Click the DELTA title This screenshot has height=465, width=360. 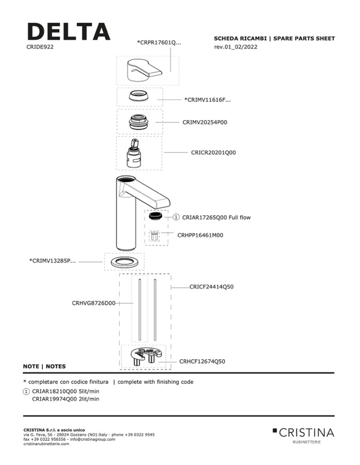pyautogui.click(x=68, y=32)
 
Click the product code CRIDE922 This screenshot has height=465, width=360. pyautogui.click(x=40, y=47)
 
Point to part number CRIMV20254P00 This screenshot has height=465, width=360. pyautogui.click(x=205, y=123)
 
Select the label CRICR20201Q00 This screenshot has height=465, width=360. pyautogui.click(x=213, y=153)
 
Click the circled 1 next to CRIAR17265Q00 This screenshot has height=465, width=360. pyautogui.click(x=176, y=217)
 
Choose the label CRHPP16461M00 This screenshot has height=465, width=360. pyautogui.click(x=200, y=235)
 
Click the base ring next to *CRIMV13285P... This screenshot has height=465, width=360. pyautogui.click(x=124, y=262)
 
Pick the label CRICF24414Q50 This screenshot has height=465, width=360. pyautogui.click(x=211, y=286)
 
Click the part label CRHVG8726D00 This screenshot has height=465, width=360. pyautogui.click(x=93, y=303)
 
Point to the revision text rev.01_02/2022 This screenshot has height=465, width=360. pyautogui.click(x=236, y=47)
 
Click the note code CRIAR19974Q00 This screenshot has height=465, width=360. pyautogui.click(x=54, y=398)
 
